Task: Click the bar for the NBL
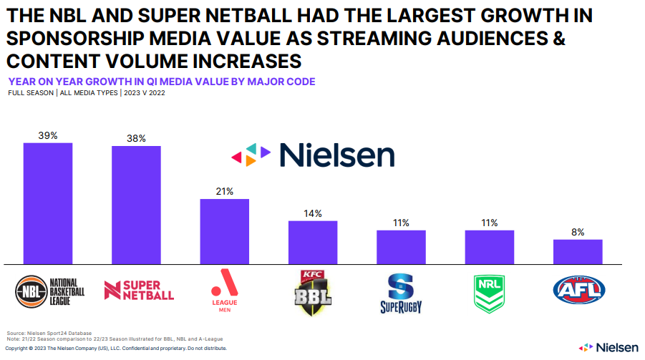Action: [48, 204]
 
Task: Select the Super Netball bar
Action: [136, 205]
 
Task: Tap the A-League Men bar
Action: [224, 231]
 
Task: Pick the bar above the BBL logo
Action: [313, 243]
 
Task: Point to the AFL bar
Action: [578, 252]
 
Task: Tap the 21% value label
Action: [224, 192]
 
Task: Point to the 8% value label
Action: [578, 232]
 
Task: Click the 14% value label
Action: [313, 213]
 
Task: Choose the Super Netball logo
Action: [140, 290]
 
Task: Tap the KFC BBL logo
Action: [313, 292]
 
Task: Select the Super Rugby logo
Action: [401, 293]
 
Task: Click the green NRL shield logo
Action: [489, 292]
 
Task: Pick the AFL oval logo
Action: [579, 290]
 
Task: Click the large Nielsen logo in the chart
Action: [312, 155]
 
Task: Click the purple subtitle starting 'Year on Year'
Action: [161, 82]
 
